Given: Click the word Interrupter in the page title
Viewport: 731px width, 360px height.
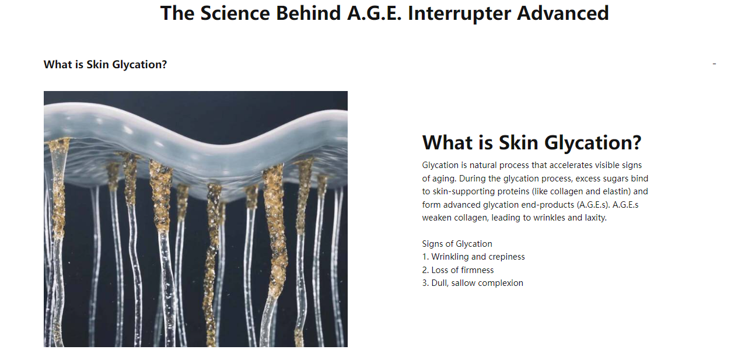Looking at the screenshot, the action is click(x=459, y=13).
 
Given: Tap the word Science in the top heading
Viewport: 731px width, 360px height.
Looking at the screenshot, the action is click(x=235, y=13).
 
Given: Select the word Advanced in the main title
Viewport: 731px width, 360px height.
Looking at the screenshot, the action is click(x=563, y=13).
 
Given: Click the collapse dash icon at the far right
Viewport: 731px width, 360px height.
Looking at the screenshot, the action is click(x=714, y=64).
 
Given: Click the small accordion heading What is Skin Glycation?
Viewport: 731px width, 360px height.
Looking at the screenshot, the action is click(x=105, y=65).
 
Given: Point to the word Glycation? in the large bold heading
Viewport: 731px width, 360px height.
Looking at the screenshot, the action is click(x=593, y=143).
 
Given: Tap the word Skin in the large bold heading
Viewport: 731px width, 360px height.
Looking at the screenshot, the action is click(x=518, y=142).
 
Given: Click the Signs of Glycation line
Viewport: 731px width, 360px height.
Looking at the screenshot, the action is click(x=457, y=244).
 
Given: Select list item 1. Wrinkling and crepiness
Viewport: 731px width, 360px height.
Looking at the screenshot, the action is click(x=473, y=257).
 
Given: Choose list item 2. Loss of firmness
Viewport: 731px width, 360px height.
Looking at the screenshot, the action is click(x=457, y=270).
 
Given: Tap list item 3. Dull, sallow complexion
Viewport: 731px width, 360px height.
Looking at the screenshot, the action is click(x=472, y=283).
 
